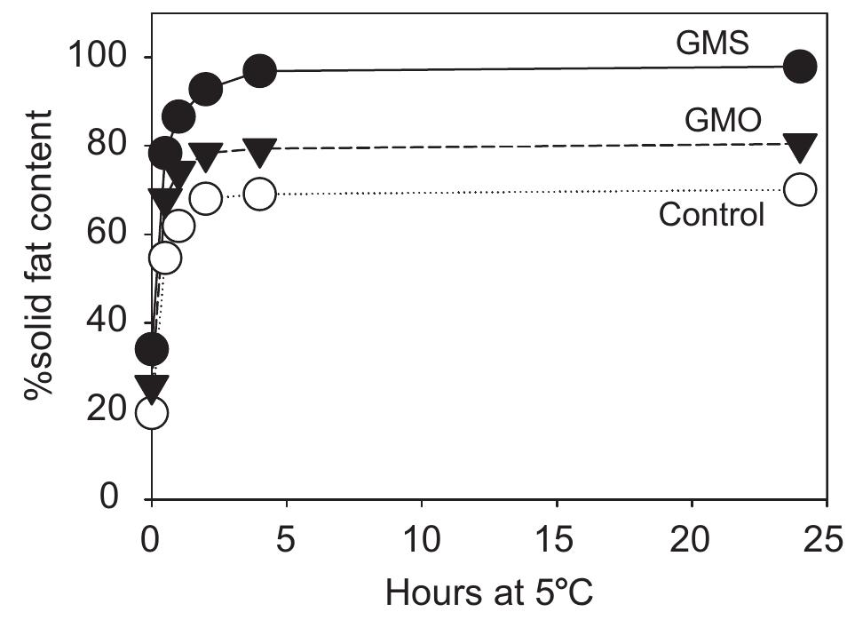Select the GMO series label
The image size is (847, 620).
[724, 120]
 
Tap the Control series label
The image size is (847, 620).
[711, 214]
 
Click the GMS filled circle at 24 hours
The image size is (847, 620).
[800, 67]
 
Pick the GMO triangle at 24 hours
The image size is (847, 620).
[800, 145]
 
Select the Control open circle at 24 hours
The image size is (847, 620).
[800, 189]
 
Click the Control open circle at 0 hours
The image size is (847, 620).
[152, 412]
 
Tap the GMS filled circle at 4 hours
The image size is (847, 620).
[259, 71]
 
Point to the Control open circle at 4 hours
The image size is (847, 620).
[259, 194]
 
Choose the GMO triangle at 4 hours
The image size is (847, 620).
[259, 150]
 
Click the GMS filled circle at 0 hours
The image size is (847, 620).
[152, 349]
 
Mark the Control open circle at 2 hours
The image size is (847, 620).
[206, 198]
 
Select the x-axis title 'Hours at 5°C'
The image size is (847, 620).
[490, 591]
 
